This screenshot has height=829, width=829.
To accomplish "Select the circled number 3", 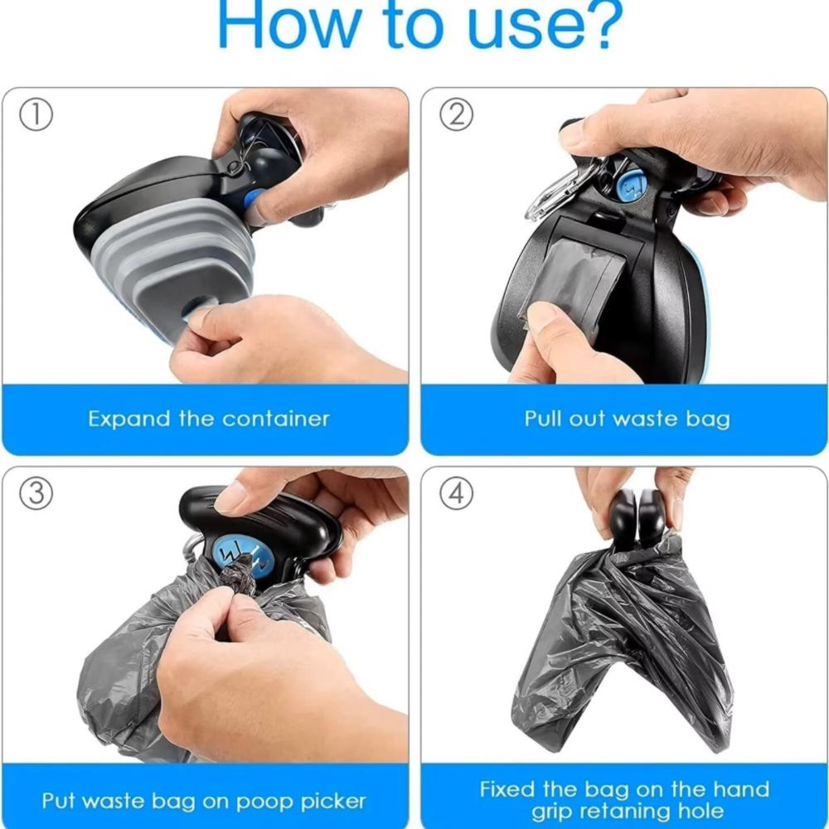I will (x=36, y=494).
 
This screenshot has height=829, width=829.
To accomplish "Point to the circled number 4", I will (x=456, y=494).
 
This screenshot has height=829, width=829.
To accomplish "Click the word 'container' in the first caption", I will (x=277, y=419).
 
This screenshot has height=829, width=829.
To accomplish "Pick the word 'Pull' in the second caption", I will (x=543, y=419).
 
